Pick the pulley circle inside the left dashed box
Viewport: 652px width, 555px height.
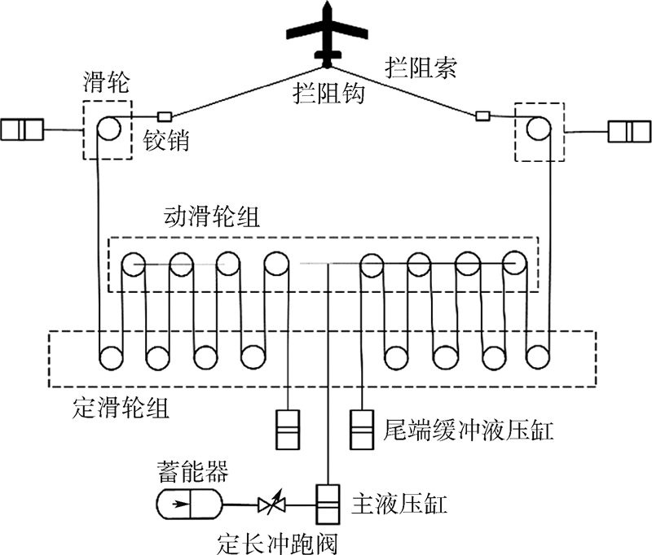tap(108, 129)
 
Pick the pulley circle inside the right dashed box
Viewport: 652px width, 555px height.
tap(537, 129)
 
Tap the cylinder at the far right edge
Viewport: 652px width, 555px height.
tap(630, 130)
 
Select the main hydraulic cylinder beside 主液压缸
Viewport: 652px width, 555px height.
tap(328, 505)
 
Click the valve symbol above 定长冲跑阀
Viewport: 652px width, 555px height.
tap(270, 505)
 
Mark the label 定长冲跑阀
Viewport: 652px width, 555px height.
tap(277, 539)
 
